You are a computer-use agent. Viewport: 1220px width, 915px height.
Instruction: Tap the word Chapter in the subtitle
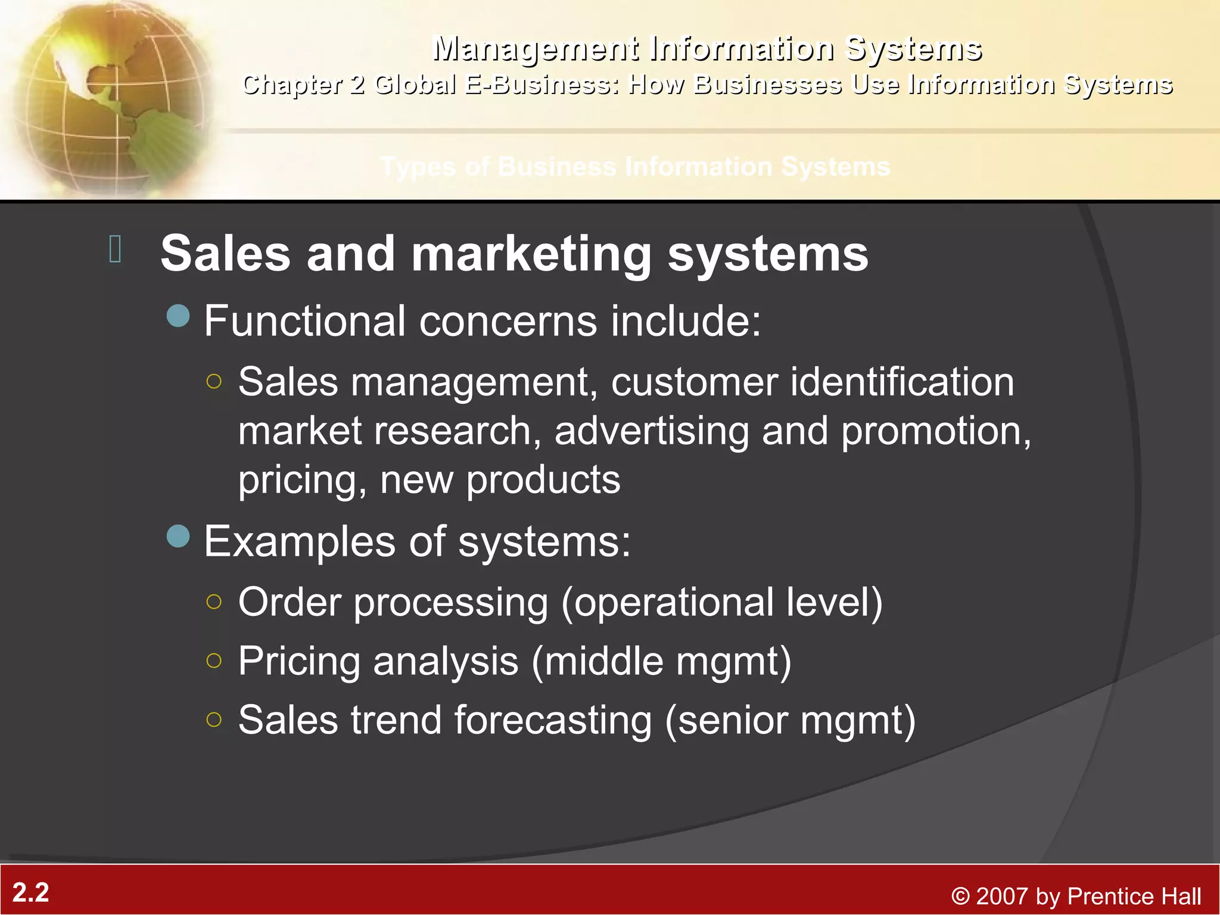click(x=292, y=85)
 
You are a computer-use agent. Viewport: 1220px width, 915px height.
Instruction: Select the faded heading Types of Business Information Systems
click(x=635, y=167)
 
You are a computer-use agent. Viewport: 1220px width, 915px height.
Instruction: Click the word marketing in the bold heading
click(x=531, y=254)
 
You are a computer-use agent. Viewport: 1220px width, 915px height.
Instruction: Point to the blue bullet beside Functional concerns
click(x=178, y=316)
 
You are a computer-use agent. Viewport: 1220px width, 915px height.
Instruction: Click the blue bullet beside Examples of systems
click(x=178, y=536)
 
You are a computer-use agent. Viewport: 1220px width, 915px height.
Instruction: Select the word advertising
click(x=652, y=431)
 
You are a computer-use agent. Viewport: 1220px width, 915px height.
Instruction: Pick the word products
click(x=543, y=480)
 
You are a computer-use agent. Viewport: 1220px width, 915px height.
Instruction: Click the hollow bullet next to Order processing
click(x=214, y=602)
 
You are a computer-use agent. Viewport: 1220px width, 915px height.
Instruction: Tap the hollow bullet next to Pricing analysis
click(x=214, y=661)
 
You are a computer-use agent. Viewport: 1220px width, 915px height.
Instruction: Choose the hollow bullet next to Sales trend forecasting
click(x=214, y=720)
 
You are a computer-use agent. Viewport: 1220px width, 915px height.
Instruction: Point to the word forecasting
click(x=553, y=721)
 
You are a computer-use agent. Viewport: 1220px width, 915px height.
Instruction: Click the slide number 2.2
click(x=31, y=892)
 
